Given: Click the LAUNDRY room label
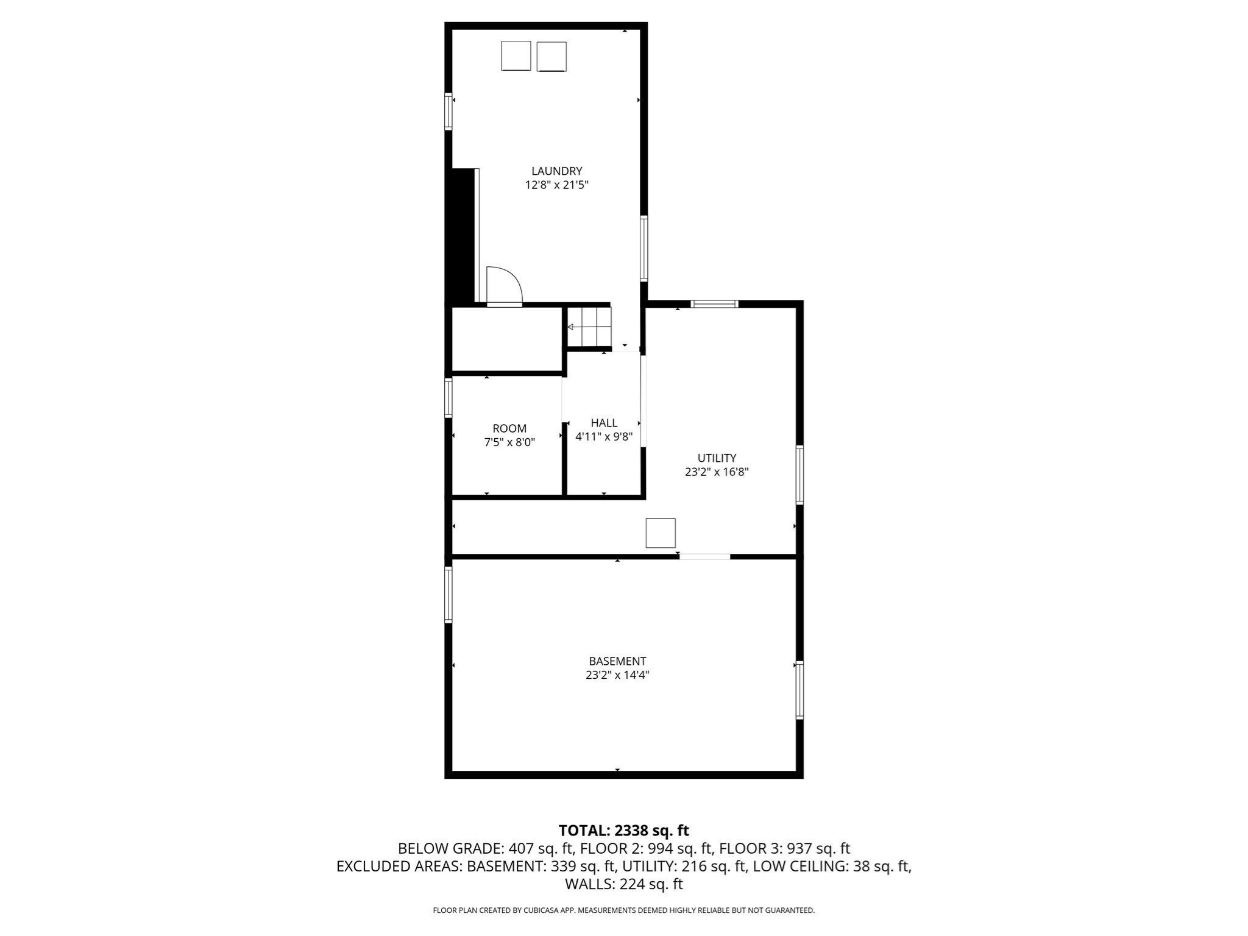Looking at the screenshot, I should [556, 171].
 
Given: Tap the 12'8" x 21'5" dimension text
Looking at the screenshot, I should [556, 185].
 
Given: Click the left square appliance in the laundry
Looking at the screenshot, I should [516, 56].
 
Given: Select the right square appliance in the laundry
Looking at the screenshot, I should [551, 57].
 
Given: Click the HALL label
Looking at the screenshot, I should [604, 423].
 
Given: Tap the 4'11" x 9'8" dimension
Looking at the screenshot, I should [604, 437].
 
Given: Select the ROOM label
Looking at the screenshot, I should [509, 429].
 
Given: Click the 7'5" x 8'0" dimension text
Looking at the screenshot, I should [509, 443].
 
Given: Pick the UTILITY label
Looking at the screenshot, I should [717, 458].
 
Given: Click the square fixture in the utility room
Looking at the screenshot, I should [661, 533].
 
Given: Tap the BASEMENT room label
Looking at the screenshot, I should [617, 661].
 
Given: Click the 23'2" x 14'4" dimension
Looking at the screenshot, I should [617, 675].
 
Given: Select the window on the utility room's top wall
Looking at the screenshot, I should [714, 303].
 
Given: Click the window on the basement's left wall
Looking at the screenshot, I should [448, 595].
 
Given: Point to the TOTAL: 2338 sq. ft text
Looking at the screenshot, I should [623, 831].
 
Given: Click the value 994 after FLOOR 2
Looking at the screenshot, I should [660, 848].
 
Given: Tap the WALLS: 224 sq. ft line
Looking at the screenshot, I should [623, 884].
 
